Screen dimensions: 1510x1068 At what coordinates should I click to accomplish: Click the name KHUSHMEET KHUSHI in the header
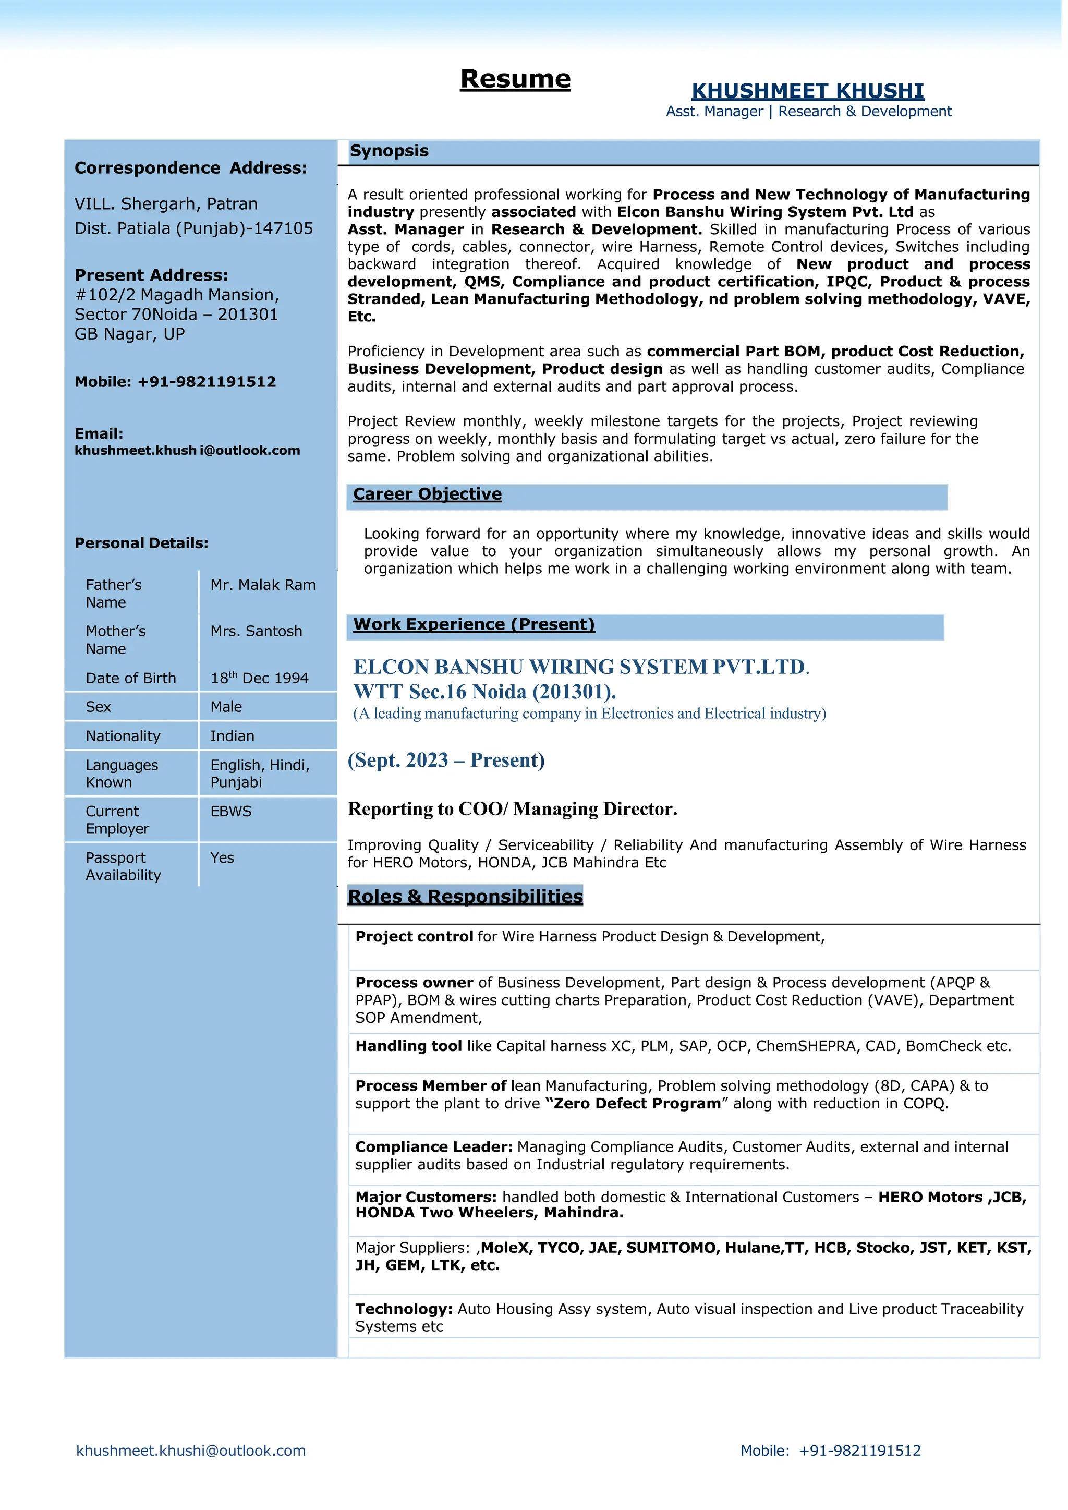pyautogui.click(x=808, y=91)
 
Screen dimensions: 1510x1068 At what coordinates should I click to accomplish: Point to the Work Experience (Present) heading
pyautogui.click(x=474, y=624)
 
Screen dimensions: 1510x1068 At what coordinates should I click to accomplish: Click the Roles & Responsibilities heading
pyautogui.click(x=465, y=897)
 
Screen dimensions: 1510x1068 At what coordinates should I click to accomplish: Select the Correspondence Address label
pyautogui.click(x=191, y=168)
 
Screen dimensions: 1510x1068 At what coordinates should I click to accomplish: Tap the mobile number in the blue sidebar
pyautogui.click(x=207, y=382)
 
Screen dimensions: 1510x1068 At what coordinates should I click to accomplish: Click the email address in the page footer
pyautogui.click(x=191, y=1450)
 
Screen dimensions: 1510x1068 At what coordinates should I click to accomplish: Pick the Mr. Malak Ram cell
pyautogui.click(x=263, y=585)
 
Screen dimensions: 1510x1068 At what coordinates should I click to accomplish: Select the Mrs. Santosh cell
pyautogui.click(x=257, y=631)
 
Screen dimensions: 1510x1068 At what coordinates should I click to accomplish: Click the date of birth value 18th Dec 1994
pyautogui.click(x=259, y=678)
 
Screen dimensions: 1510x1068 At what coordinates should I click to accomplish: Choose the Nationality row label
pyautogui.click(x=123, y=736)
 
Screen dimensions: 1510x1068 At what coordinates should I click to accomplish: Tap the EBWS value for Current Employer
pyautogui.click(x=231, y=812)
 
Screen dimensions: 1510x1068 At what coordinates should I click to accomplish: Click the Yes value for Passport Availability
pyautogui.click(x=222, y=857)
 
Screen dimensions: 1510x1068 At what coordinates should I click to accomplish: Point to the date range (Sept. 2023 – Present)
pyautogui.click(x=446, y=760)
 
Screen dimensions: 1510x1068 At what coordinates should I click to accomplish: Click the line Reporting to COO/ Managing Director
pyautogui.click(x=512, y=809)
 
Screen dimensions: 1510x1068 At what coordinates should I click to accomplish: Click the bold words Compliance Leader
pyautogui.click(x=434, y=1147)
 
